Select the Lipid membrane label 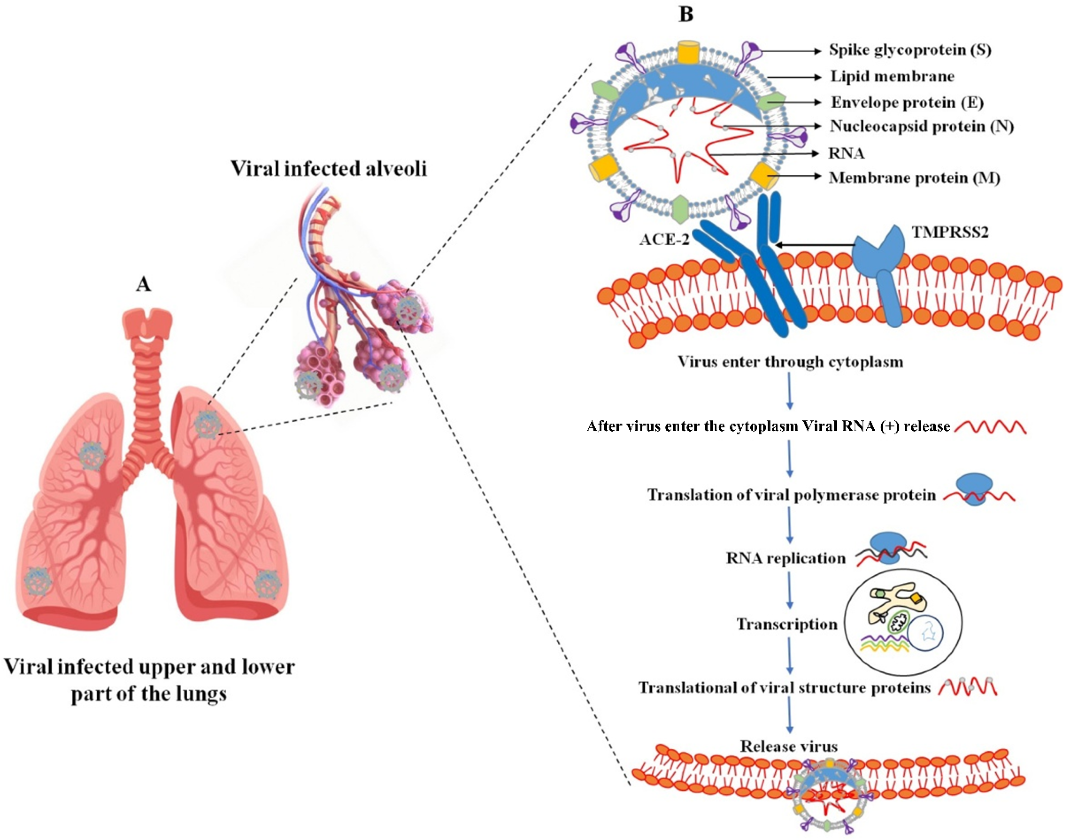[x=892, y=77]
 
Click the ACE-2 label [x=664, y=239]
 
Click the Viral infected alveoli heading [x=329, y=169]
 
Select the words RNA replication [x=785, y=558]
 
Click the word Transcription [x=787, y=624]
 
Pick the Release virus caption [x=789, y=747]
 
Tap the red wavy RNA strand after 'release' [x=990, y=427]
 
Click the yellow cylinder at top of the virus [x=688, y=52]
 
